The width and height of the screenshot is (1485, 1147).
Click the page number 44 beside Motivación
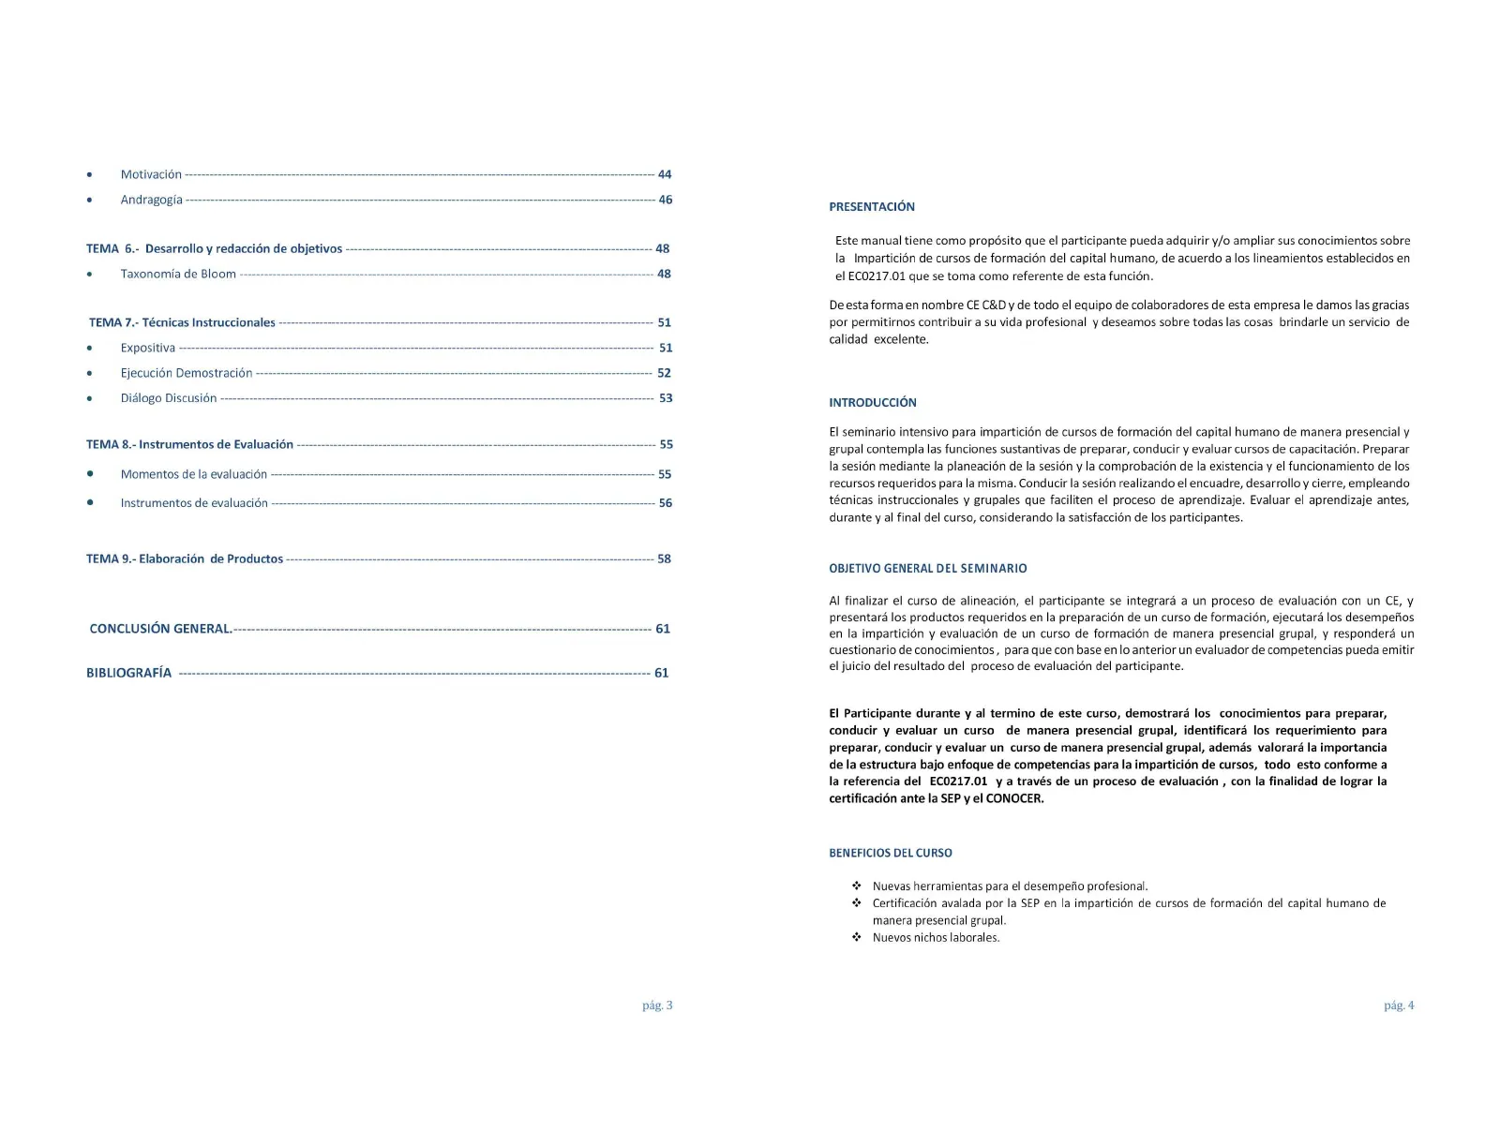click(x=665, y=174)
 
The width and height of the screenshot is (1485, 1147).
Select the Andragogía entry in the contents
click(x=151, y=200)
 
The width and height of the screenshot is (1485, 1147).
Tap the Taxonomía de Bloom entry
click(x=178, y=274)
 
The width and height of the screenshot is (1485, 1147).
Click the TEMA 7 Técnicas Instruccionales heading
click(x=182, y=322)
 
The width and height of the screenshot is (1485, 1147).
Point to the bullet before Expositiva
click(x=89, y=349)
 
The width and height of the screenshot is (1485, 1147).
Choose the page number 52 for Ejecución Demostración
click(x=664, y=373)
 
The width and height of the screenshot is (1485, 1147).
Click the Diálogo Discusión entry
click(x=169, y=398)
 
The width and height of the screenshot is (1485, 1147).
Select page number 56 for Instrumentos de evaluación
click(x=666, y=503)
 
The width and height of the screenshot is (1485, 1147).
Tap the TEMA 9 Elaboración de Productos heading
click(x=185, y=559)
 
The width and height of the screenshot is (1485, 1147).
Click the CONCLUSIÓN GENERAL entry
click(x=160, y=629)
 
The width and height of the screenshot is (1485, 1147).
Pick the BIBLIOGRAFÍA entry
click(x=129, y=673)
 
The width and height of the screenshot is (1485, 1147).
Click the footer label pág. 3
click(x=657, y=1005)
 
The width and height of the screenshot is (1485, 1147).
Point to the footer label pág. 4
click(x=1399, y=1005)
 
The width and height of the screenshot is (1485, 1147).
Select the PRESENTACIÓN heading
click(x=872, y=207)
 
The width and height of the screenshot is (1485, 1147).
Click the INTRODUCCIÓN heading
click(x=873, y=403)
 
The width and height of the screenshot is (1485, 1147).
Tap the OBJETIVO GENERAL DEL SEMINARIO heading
click(x=928, y=569)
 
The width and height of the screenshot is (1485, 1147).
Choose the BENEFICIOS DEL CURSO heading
click(x=891, y=854)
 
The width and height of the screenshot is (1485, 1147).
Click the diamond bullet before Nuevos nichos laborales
click(x=857, y=937)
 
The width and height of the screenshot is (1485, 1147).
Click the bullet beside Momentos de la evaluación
click(x=90, y=474)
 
